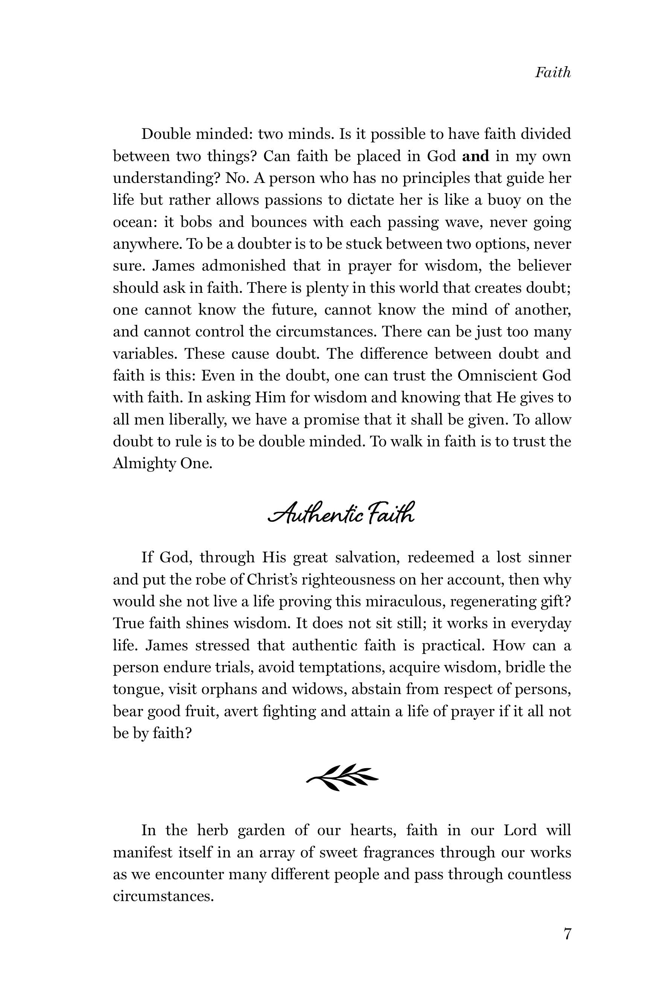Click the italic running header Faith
552,73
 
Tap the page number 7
567,935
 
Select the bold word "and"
476,156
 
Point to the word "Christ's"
272,579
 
